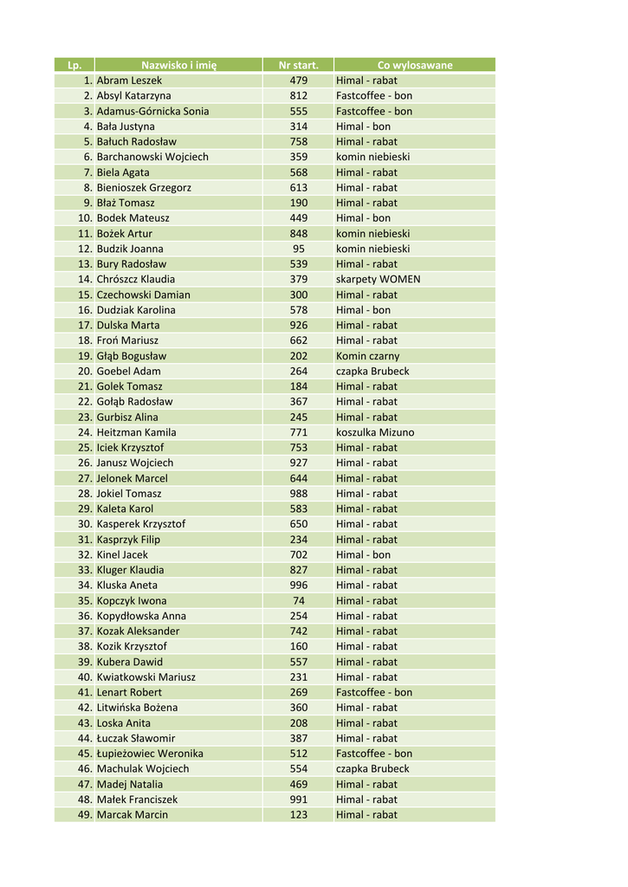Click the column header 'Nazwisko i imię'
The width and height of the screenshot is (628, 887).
tap(178, 65)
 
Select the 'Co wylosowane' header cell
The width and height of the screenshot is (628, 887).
tap(414, 65)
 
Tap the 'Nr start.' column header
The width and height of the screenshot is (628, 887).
tap(298, 65)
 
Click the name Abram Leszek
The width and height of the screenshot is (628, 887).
tap(129, 81)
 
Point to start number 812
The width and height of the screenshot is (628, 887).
tap(298, 96)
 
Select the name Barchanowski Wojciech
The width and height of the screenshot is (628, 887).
tap(152, 157)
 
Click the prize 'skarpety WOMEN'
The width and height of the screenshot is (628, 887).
tap(378, 279)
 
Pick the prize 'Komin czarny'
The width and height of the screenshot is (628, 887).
tap(367, 356)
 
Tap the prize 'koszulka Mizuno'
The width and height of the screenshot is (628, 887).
tap(375, 432)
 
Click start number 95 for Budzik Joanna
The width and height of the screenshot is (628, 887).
tap(298, 249)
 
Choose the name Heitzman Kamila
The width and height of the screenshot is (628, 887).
tap(136, 432)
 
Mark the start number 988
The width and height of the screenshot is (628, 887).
tap(298, 494)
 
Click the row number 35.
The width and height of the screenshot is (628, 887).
tap(85, 600)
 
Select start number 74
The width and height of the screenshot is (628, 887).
tap(298, 600)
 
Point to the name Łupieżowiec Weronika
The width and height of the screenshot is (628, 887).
tap(150, 754)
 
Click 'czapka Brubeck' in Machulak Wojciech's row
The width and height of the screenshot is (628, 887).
tap(372, 769)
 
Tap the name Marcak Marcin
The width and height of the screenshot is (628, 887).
tap(133, 815)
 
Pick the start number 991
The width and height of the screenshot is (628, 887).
tap(298, 800)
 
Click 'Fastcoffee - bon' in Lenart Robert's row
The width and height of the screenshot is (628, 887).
tap(374, 692)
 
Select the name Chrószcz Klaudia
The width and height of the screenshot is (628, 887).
tap(136, 279)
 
